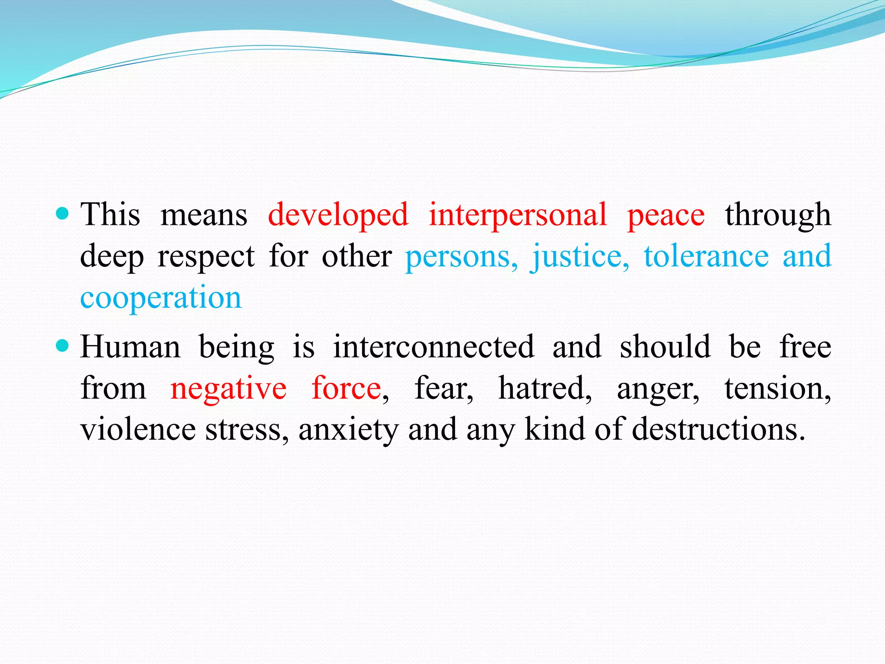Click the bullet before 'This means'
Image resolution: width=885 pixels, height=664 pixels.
63,214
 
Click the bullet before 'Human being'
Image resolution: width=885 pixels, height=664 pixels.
63,346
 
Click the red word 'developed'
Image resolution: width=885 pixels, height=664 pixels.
338,215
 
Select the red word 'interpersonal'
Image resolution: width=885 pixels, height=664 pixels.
518,215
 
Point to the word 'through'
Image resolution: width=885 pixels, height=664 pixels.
778,215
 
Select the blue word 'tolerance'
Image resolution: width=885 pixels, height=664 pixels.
706,256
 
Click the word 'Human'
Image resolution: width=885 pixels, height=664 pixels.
130,347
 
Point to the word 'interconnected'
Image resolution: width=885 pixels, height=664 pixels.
433,347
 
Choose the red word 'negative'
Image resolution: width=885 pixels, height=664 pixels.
228,388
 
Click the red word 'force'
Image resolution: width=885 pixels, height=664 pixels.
346,388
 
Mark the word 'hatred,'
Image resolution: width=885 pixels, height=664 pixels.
545,388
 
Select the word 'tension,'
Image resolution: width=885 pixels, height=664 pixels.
777,388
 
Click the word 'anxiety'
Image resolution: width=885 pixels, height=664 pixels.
348,430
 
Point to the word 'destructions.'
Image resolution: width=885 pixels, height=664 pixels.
718,429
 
